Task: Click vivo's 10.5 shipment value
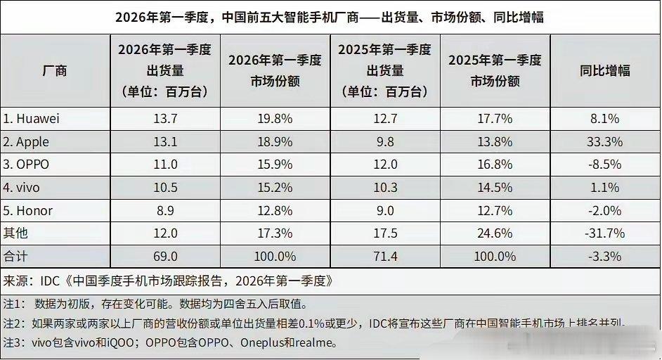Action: (166, 188)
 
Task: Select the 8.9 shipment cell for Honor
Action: (166, 211)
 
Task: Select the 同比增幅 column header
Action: (604, 70)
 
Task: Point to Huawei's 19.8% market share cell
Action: (275, 119)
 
